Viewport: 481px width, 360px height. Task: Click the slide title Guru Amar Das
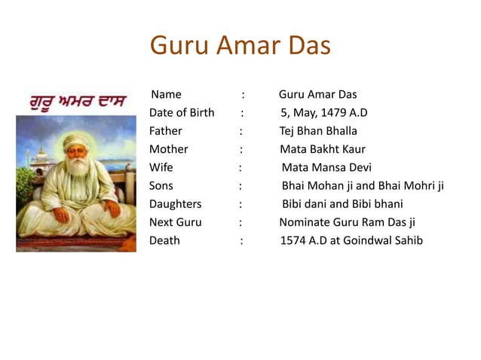point(240,45)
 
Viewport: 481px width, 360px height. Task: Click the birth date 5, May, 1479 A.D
point(323,113)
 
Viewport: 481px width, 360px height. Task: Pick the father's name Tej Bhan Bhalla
point(318,131)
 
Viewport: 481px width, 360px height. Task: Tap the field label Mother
point(169,149)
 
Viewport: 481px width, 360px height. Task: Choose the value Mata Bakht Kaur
point(323,149)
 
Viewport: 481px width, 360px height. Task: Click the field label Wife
point(161,167)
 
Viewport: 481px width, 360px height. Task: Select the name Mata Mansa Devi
point(326,167)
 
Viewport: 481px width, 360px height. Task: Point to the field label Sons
point(161,185)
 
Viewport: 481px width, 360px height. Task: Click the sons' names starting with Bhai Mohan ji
point(363,185)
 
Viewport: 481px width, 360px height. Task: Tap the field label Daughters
point(176,204)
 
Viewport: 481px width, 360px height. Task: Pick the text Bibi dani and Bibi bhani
point(342,204)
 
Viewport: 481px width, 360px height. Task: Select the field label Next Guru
point(176,222)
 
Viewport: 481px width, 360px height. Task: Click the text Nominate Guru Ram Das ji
point(347,222)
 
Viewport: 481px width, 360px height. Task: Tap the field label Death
point(164,241)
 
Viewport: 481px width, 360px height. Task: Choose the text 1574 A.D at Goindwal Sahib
point(351,241)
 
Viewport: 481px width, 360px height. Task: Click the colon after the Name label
point(243,95)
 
